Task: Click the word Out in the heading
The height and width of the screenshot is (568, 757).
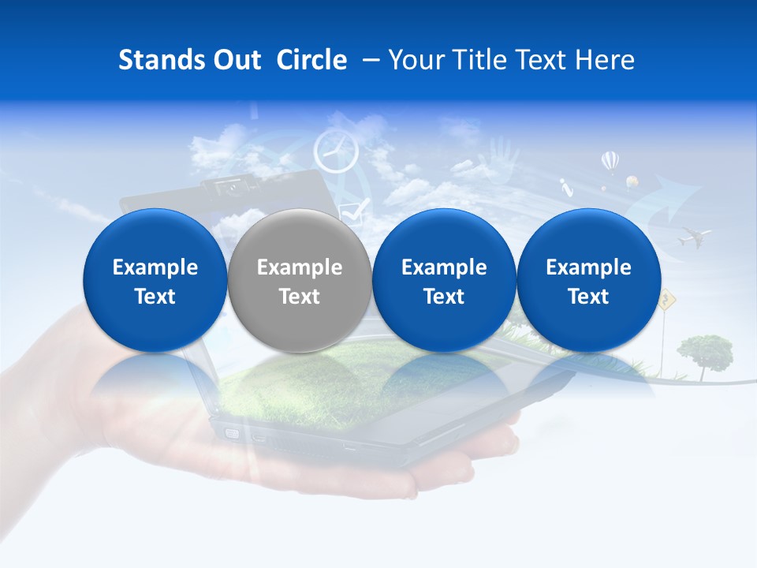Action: click(x=236, y=60)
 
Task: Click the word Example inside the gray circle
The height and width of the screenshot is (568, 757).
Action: click(x=300, y=267)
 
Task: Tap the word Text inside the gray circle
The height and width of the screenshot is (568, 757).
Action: click(x=300, y=297)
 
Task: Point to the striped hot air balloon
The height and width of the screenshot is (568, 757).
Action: click(x=610, y=163)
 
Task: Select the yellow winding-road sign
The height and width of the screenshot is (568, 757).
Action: click(x=668, y=298)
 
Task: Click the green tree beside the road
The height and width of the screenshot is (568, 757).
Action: click(x=704, y=349)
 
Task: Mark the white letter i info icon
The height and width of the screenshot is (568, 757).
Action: click(x=566, y=188)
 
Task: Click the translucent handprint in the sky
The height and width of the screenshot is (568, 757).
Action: click(x=502, y=154)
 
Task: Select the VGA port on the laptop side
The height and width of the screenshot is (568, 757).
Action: click(x=232, y=432)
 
